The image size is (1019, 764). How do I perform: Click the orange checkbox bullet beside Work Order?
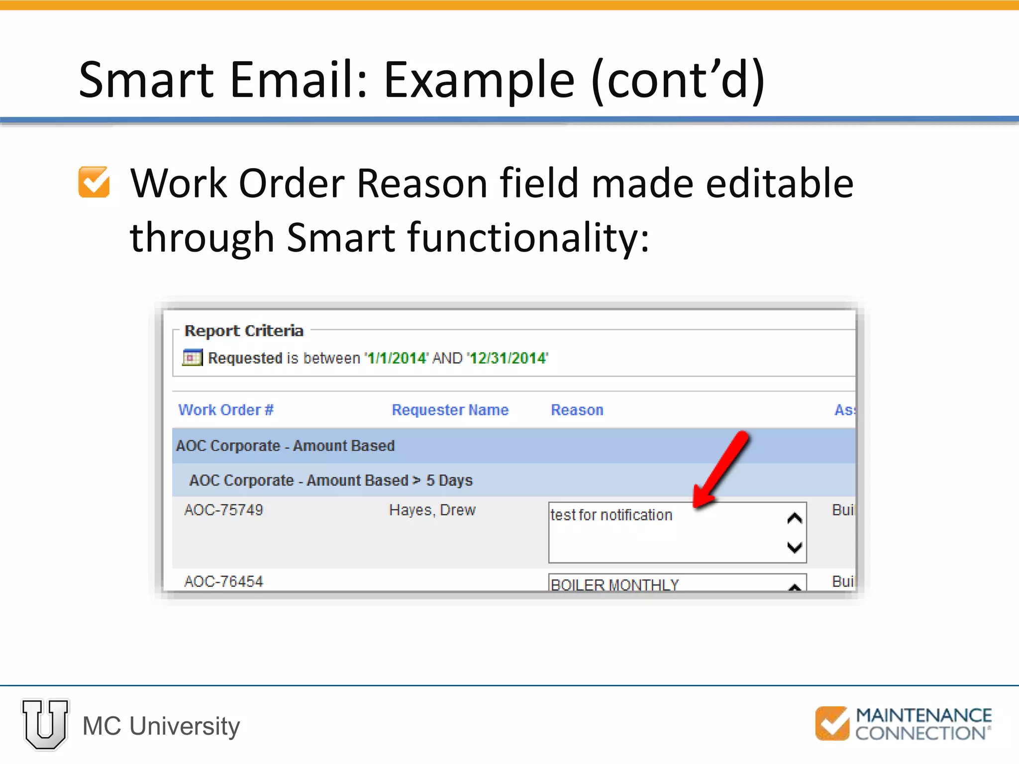click(94, 182)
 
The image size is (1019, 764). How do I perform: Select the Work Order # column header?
click(226, 410)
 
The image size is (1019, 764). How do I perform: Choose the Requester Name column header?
click(450, 410)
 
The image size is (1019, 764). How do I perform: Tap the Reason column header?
click(577, 410)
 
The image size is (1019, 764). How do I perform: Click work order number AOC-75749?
click(223, 510)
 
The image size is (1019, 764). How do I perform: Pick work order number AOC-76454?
click(223, 581)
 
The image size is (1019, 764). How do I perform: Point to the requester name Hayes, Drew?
click(432, 510)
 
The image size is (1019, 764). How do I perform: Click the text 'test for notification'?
click(611, 515)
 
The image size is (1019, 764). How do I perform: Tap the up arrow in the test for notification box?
click(795, 519)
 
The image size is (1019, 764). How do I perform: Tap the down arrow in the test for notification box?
click(795, 547)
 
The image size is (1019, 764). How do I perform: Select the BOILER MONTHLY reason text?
click(614, 584)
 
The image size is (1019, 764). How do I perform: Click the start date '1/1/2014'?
click(396, 358)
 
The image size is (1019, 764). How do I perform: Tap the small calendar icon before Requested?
click(192, 358)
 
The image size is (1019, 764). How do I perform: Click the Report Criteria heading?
click(244, 331)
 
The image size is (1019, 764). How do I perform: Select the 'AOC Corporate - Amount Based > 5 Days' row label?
click(331, 480)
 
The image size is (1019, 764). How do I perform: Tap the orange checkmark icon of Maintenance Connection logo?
click(831, 723)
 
